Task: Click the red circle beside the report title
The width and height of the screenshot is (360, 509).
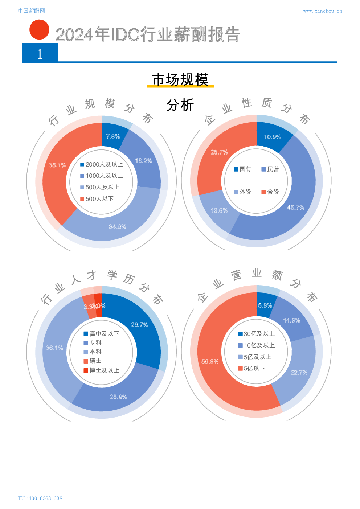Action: pyautogui.click(x=39, y=29)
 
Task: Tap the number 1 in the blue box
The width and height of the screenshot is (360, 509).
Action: pyautogui.click(x=40, y=54)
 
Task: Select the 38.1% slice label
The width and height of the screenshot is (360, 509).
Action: pyautogui.click(x=57, y=165)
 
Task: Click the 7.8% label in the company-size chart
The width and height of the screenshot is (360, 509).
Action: pyautogui.click(x=113, y=136)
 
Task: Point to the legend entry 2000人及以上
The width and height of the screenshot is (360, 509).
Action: pyautogui.click(x=102, y=164)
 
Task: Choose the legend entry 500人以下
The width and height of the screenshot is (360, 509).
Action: pyautogui.click(x=97, y=199)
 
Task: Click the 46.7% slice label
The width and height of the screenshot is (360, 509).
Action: pyautogui.click(x=295, y=208)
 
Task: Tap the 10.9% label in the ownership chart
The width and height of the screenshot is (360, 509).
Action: pyautogui.click(x=272, y=137)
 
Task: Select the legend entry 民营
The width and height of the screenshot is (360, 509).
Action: pyautogui.click(x=270, y=169)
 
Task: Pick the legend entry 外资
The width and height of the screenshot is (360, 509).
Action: pyautogui.click(x=242, y=192)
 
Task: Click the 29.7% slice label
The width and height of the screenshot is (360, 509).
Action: pyautogui.click(x=139, y=325)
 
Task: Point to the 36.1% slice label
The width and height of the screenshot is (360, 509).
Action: pyautogui.click(x=54, y=348)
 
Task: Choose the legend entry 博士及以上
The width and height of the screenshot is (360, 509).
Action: pyautogui.click(x=101, y=370)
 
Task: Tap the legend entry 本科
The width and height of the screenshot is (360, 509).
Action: pyautogui.click(x=93, y=352)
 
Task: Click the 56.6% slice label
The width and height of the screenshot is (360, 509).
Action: pyautogui.click(x=210, y=362)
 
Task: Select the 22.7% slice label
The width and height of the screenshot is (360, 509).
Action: pyautogui.click(x=299, y=373)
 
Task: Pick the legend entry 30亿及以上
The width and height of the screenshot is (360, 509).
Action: pyautogui.click(x=256, y=334)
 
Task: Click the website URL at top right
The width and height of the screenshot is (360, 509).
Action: pyautogui.click(x=322, y=11)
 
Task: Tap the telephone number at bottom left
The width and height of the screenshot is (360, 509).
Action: pyautogui.click(x=40, y=498)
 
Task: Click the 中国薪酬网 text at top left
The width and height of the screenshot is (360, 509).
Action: pyautogui.click(x=31, y=11)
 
